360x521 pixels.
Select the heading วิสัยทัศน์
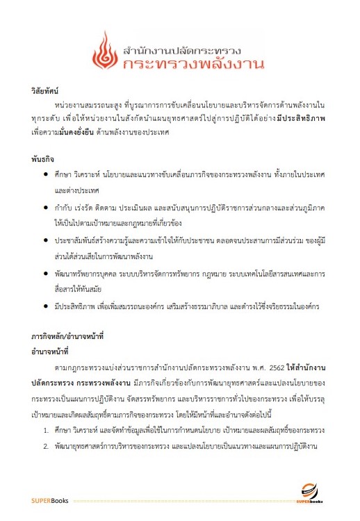click(45, 91)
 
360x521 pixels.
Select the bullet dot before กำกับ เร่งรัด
click(46, 206)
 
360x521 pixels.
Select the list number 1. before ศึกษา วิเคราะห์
click(45, 431)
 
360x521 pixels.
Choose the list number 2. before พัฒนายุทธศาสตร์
click(45, 446)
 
